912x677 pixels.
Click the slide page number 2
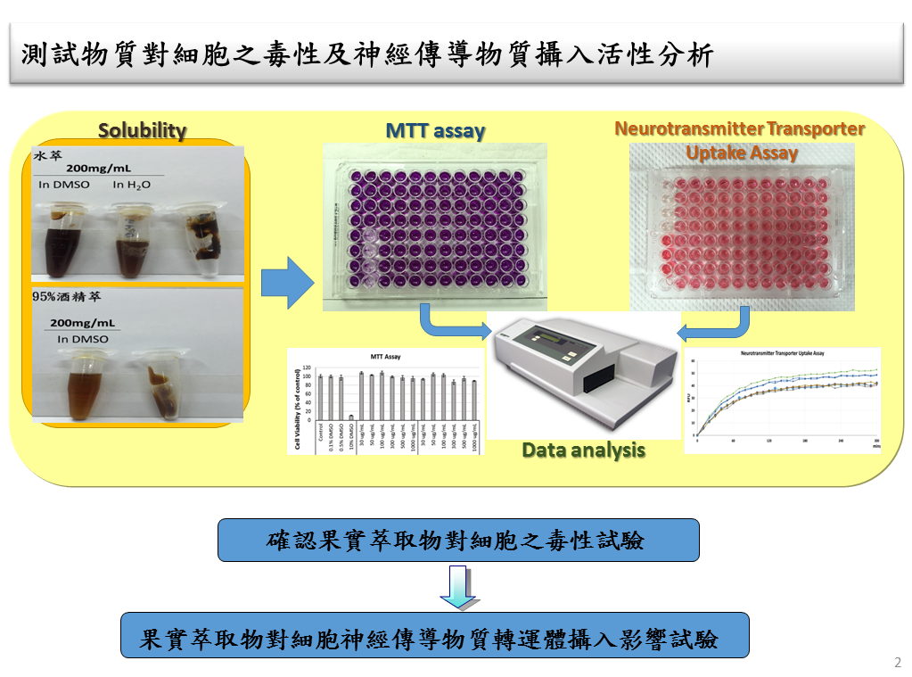pyautogui.click(x=897, y=663)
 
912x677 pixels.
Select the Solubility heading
pyautogui.click(x=143, y=130)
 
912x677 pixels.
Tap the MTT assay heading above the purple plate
pyautogui.click(x=435, y=131)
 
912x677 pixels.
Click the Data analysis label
pyautogui.click(x=583, y=450)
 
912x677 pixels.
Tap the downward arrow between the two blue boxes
pyautogui.click(x=458, y=587)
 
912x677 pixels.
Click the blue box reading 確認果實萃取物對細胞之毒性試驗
pyautogui.click(x=458, y=540)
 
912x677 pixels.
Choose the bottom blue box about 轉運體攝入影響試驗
pyautogui.click(x=434, y=635)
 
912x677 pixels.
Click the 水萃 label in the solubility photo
pyautogui.click(x=46, y=154)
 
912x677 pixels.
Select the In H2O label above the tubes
pyautogui.click(x=131, y=185)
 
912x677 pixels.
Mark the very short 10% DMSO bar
pyautogui.click(x=352, y=417)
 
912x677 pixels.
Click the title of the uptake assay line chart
pyautogui.click(x=782, y=354)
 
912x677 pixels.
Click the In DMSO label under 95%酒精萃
pyautogui.click(x=82, y=339)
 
